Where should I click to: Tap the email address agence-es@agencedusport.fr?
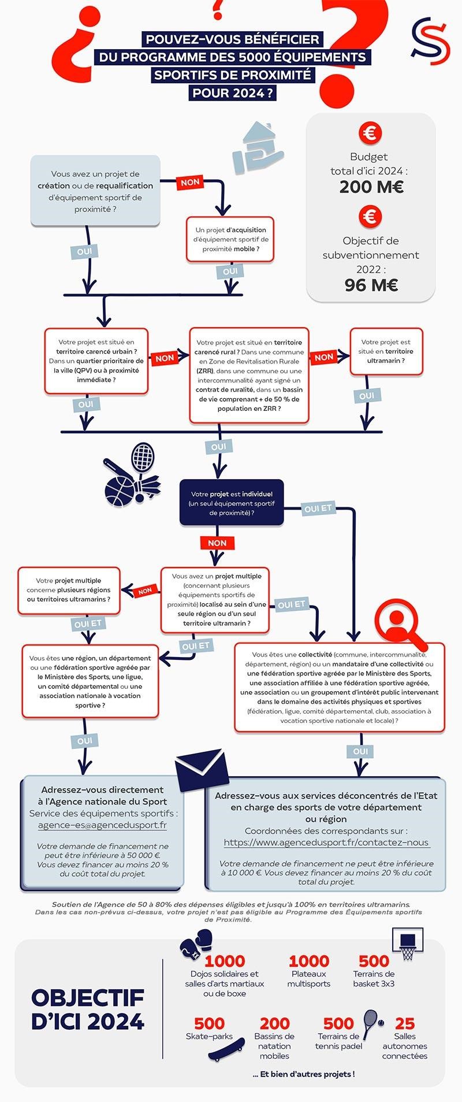102,825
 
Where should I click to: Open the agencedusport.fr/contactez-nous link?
326,842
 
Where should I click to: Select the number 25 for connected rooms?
405,1023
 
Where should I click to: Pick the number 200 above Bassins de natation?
274,1023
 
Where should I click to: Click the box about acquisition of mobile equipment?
230,239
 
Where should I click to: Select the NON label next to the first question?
190,182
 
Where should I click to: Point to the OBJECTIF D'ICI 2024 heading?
87,1010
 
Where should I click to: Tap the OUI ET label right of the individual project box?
318,509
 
